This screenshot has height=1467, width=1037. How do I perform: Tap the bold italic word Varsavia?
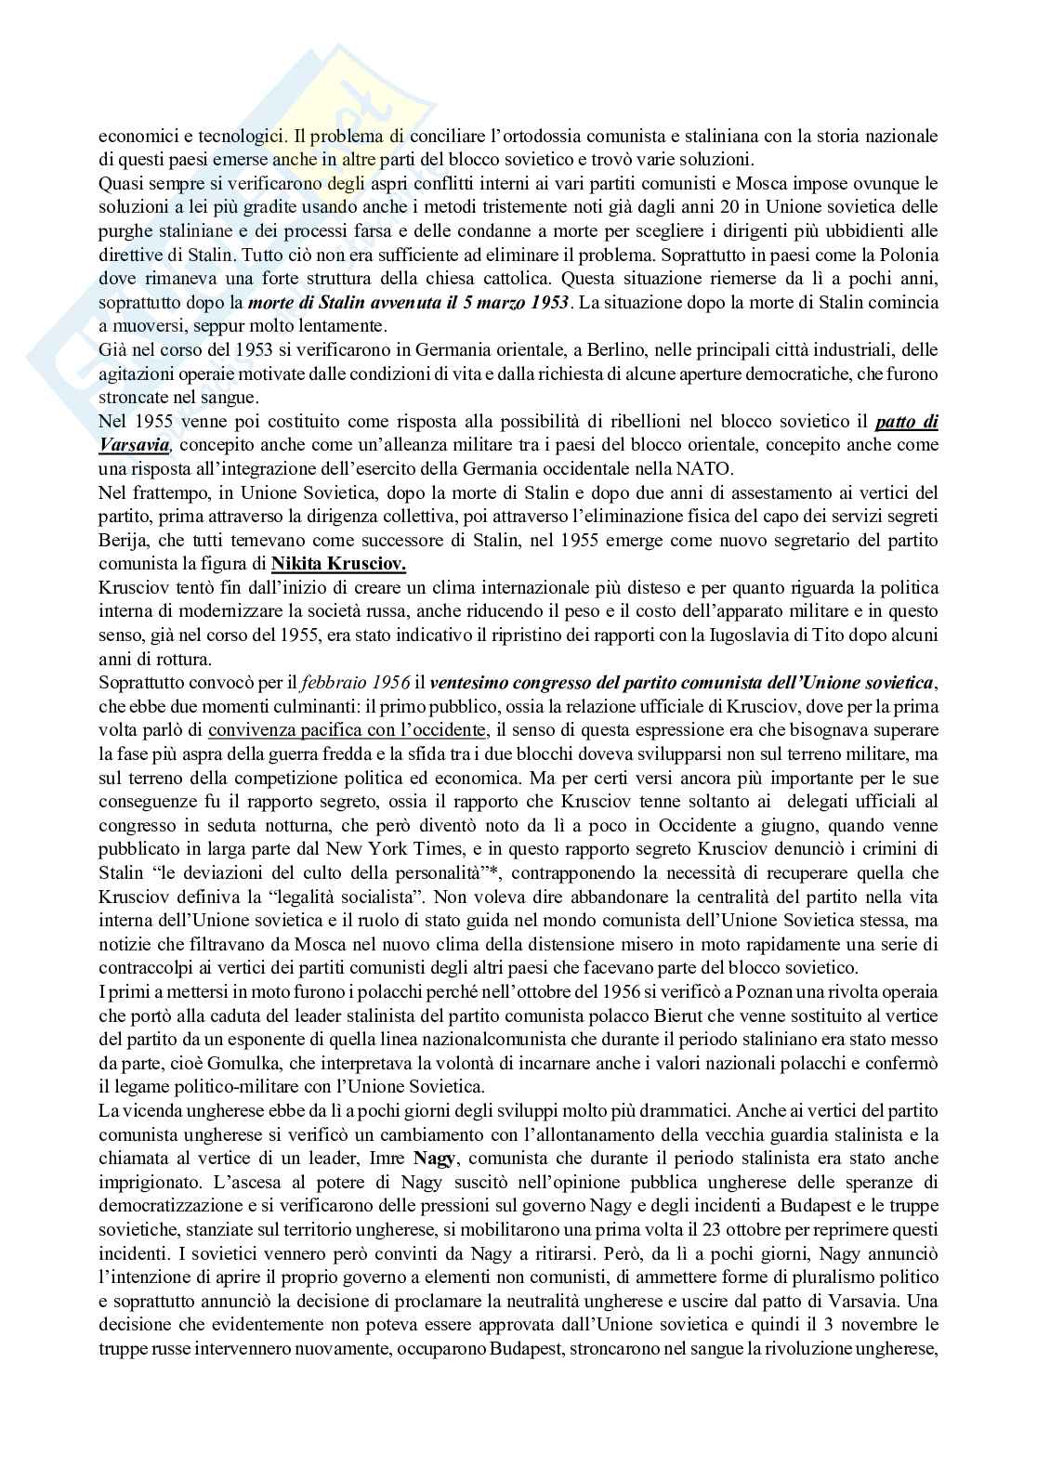coord(133,444)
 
